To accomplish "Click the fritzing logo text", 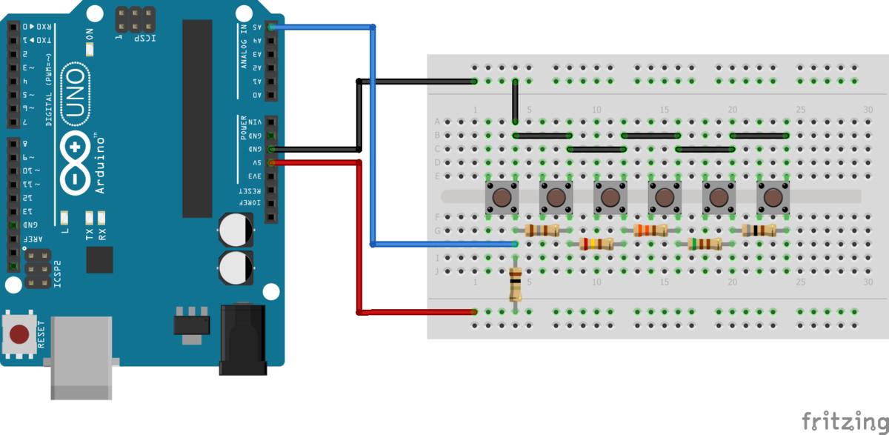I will point(844,419).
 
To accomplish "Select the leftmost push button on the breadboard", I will point(501,197).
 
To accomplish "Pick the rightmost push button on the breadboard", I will point(772,197).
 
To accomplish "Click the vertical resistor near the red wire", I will point(515,284).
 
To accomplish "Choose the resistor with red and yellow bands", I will point(596,244).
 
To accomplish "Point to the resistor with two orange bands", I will point(650,230).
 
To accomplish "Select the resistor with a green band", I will point(705,244).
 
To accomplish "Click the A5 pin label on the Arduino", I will point(257,27).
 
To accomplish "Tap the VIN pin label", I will point(256,122).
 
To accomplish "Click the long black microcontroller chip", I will point(197,119).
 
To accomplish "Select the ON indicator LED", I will point(90,49).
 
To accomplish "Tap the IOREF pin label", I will point(256,203).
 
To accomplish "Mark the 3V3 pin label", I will point(256,176).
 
